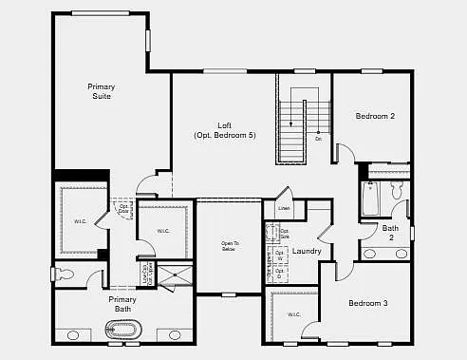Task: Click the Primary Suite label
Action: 102,92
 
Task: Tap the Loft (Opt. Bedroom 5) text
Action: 225,130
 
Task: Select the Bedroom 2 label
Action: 375,116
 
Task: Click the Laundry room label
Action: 307,251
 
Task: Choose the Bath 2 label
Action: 391,232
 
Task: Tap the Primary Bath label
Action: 121,304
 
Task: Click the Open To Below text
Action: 230,245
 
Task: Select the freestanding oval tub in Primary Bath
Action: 122,331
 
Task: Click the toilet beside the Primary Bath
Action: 65,274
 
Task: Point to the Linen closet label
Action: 284,208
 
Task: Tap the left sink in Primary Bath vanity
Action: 73,335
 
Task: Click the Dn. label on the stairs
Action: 319,139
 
